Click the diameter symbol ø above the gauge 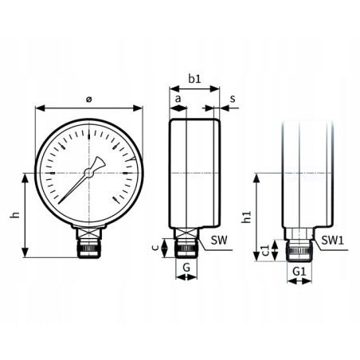pyautogui.click(x=88, y=98)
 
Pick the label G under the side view pyautogui.click(x=186, y=268)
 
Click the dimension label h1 pyautogui.click(x=247, y=216)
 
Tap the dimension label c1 pyautogui.click(x=264, y=252)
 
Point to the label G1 pyautogui.click(x=298, y=272)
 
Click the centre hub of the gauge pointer pyautogui.click(x=90, y=171)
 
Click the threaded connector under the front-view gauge pyautogui.click(x=89, y=244)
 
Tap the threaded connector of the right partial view pyautogui.click(x=299, y=248)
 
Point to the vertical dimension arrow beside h pyautogui.click(x=28, y=214)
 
